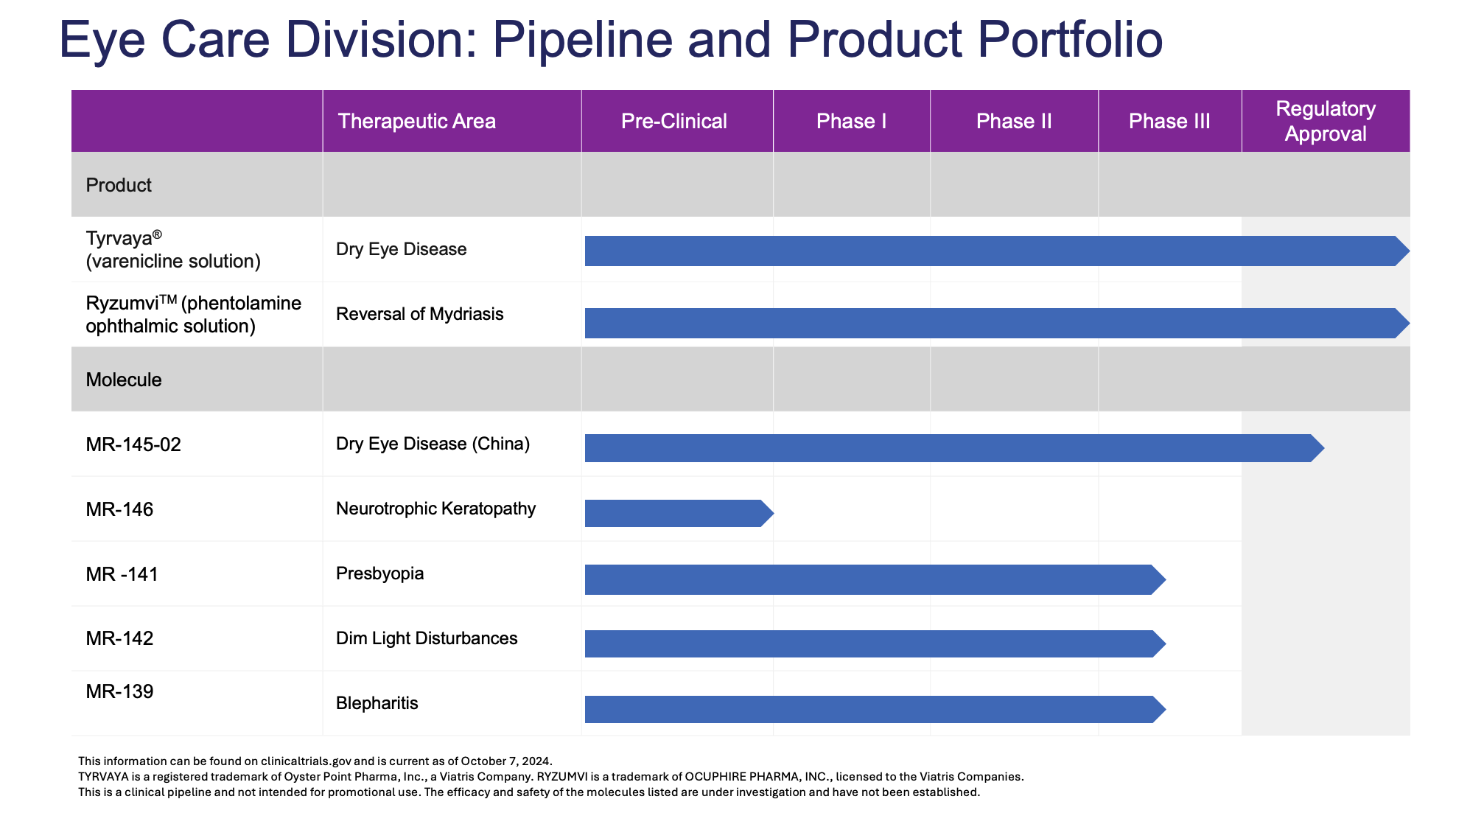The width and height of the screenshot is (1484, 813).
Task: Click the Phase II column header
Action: (1014, 121)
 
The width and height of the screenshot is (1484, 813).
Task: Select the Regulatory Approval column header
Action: (1326, 121)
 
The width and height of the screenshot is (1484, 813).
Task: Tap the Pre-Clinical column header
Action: (674, 121)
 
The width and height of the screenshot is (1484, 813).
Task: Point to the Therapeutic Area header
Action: (416, 121)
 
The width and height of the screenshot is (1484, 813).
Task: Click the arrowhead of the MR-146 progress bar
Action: (767, 513)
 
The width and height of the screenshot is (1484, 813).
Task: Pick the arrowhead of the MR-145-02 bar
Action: (1317, 448)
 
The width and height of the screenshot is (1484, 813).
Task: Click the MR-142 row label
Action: (119, 638)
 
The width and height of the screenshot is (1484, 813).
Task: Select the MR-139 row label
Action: (119, 691)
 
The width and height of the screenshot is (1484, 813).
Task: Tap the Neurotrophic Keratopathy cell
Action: (435, 509)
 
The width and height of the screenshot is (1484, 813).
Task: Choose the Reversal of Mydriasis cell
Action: (419, 314)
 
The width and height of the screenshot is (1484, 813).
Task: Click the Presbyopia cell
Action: (379, 573)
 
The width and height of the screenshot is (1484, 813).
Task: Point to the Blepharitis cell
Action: (377, 703)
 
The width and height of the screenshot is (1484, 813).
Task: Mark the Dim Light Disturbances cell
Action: (427, 638)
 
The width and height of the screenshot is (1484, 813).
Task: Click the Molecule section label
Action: (124, 380)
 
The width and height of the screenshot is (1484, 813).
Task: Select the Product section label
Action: (119, 185)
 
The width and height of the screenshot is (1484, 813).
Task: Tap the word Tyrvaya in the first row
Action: (119, 239)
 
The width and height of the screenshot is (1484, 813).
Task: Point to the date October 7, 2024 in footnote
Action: (507, 761)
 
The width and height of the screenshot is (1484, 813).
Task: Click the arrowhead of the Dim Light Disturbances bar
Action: (1160, 643)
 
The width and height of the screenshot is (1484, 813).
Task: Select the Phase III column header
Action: (1169, 121)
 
